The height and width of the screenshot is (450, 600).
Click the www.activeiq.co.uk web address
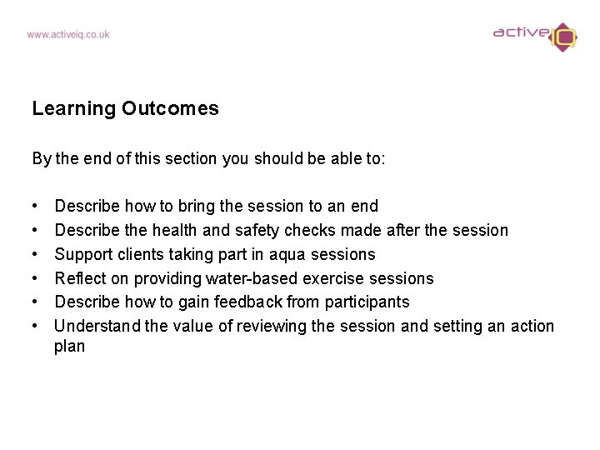(67, 35)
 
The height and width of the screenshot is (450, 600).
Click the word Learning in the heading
(73, 109)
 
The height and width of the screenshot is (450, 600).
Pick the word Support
(82, 254)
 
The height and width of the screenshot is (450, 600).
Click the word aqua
(287, 254)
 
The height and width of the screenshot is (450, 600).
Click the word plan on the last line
(69, 346)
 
